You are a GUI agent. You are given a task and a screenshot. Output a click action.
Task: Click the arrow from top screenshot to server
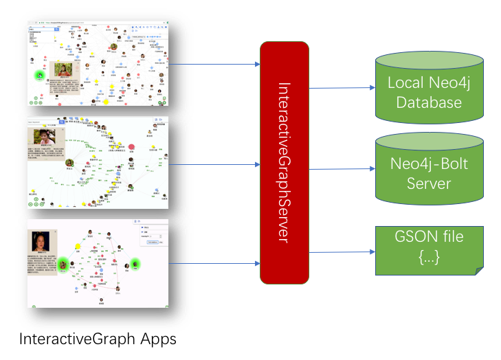pos(214,65)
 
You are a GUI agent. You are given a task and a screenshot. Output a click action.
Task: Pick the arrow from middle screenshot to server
pos(214,165)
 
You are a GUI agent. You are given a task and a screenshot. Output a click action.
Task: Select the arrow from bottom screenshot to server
pos(214,263)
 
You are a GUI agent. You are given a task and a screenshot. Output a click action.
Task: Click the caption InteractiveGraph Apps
pos(98,339)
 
